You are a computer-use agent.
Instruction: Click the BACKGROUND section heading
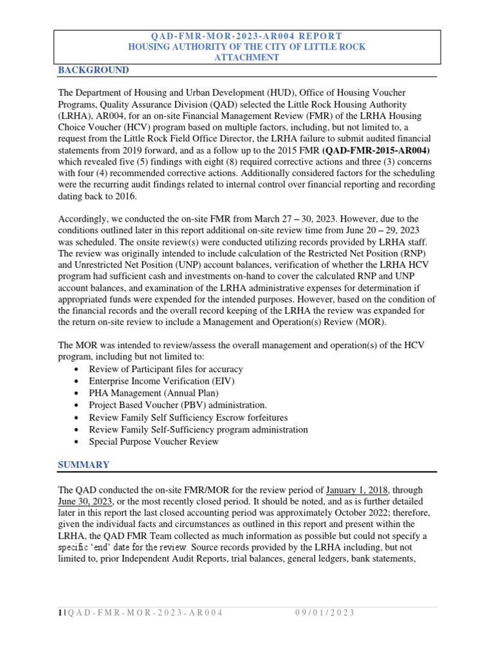93,70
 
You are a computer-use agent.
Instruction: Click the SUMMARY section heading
84,465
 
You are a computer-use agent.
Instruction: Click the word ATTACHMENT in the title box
247,57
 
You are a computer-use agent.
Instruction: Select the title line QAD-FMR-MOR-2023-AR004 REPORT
247,36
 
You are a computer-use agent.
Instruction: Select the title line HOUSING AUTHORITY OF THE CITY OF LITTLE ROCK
247,47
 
